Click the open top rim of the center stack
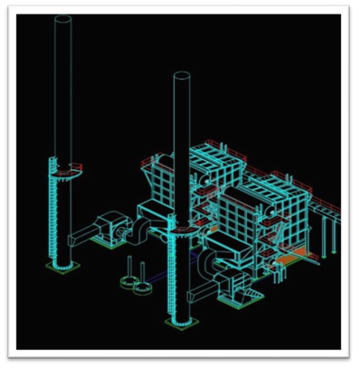point(181,76)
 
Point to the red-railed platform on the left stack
point(65,166)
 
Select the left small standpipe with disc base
point(130,271)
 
